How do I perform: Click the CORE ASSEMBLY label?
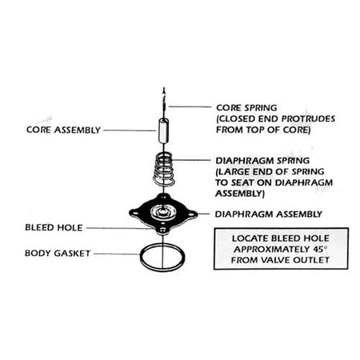click(63, 130)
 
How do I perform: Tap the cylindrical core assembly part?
click(163, 131)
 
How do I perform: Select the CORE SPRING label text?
click(246, 108)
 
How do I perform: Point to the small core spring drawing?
click(164, 101)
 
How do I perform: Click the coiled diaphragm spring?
click(164, 169)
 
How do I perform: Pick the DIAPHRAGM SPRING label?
click(262, 161)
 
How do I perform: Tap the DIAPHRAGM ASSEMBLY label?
click(269, 214)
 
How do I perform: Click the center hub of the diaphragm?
click(162, 213)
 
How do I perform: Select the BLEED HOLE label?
click(54, 227)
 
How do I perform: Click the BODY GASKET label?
click(58, 253)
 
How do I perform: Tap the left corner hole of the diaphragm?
click(135, 214)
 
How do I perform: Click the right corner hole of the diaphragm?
click(191, 214)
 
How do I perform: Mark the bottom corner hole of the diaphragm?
click(162, 230)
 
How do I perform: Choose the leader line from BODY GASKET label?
click(117, 254)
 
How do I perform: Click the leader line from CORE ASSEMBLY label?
click(130, 130)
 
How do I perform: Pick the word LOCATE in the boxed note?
click(249, 238)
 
